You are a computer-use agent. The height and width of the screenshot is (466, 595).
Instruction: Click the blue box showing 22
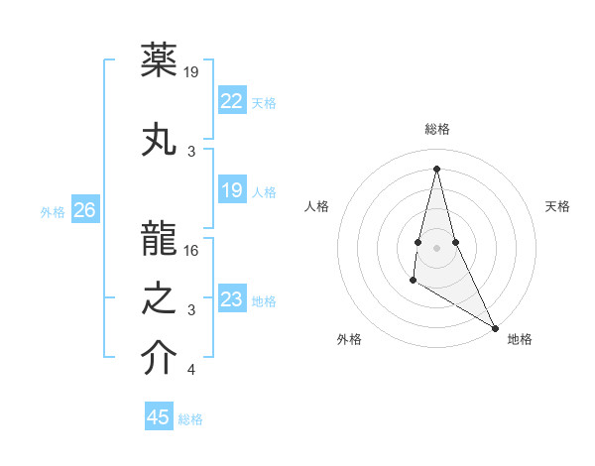click(231, 100)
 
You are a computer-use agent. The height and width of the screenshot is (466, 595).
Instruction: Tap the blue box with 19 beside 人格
click(231, 190)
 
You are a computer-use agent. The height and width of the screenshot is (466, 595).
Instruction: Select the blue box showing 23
click(231, 298)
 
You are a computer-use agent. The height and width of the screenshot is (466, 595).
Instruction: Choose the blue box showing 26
click(85, 209)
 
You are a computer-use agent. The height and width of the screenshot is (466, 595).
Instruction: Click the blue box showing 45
click(159, 417)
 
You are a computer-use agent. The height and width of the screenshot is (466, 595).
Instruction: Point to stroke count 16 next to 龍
click(192, 250)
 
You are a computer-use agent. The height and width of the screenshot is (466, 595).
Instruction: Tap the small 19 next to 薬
click(192, 72)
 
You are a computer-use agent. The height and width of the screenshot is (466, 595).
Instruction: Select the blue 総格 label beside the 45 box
click(190, 419)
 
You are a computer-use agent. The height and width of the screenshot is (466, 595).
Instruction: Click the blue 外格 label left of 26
click(53, 211)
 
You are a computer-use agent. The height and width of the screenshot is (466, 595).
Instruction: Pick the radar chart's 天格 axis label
click(557, 206)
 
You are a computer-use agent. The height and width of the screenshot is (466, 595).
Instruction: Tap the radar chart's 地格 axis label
click(520, 339)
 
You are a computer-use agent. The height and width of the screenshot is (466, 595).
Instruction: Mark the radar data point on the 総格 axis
click(436, 168)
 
